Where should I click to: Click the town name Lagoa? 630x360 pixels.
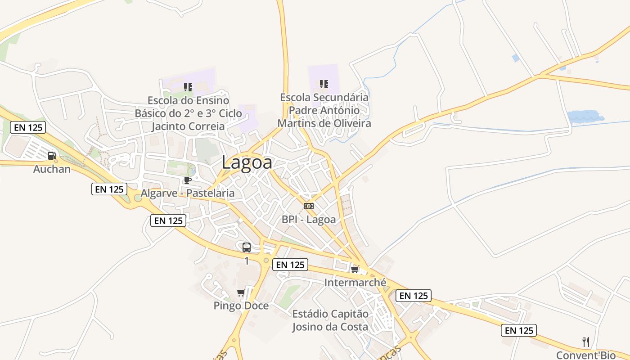(x=247, y=162)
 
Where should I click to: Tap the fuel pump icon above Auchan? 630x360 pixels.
(x=52, y=156)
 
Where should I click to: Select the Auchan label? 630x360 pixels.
(x=52, y=169)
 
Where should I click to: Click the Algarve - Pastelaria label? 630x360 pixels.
(x=188, y=193)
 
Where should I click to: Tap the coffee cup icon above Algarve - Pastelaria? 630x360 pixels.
(x=187, y=180)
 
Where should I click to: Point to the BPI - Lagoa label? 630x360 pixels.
(x=309, y=220)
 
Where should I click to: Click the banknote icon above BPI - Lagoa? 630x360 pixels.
(x=309, y=206)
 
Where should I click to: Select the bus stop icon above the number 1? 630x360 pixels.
(x=247, y=247)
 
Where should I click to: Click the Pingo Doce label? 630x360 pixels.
(x=241, y=306)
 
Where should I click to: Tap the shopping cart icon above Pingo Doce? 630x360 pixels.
(x=241, y=293)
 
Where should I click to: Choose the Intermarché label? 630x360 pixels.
(x=355, y=283)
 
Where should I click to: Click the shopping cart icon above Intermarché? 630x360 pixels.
(x=355, y=270)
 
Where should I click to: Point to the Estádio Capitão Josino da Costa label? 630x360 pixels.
(x=330, y=320)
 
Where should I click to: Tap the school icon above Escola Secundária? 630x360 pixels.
(x=324, y=84)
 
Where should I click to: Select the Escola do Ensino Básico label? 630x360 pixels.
(x=188, y=113)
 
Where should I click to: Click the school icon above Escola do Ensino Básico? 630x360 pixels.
(x=188, y=87)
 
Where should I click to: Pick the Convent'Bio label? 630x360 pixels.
(x=586, y=355)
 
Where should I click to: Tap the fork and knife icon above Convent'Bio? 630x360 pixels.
(x=586, y=342)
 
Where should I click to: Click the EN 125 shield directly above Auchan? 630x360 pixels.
(x=28, y=127)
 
